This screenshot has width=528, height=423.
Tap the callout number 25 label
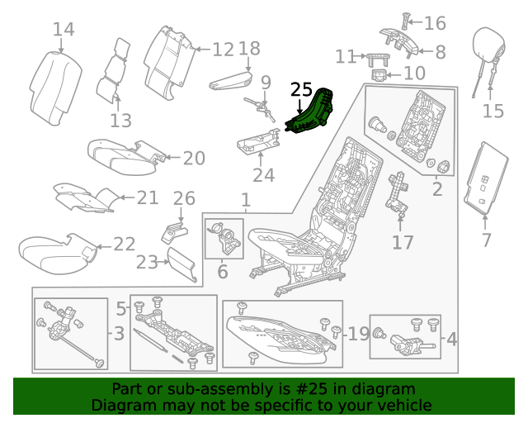coord(302,90)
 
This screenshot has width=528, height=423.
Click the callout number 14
coord(64,31)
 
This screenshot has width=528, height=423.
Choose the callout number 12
coord(223,50)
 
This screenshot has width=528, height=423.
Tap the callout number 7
coord(486,240)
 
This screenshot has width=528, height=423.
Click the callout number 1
coord(245,200)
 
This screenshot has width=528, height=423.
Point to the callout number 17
coord(402,243)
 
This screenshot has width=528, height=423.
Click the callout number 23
coord(146,262)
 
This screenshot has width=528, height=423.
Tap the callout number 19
coord(358,334)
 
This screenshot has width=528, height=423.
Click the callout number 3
coord(119,335)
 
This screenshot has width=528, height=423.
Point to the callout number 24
coord(263,175)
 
